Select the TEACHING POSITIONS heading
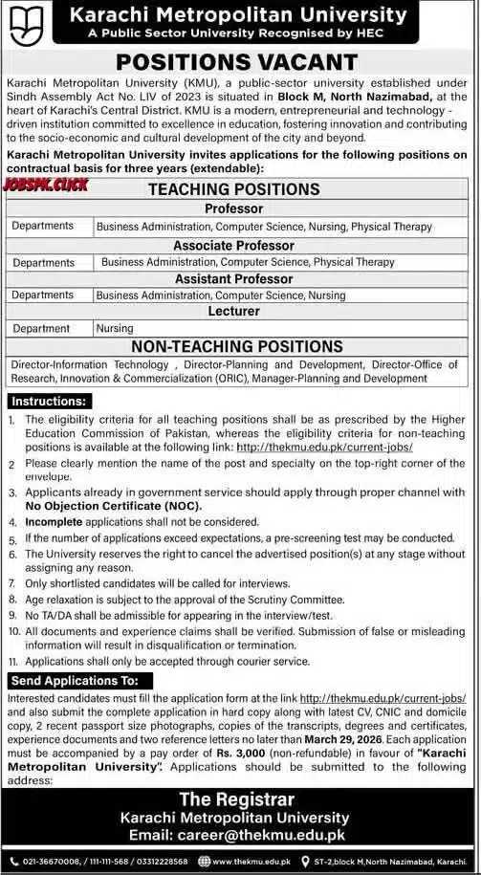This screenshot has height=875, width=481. (x=233, y=189)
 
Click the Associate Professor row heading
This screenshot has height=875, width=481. (x=233, y=245)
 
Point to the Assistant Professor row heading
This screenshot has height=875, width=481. (x=233, y=278)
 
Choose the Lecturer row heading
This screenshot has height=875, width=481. (x=233, y=312)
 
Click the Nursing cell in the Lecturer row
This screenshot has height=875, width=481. (x=114, y=328)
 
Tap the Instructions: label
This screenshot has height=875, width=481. (x=45, y=403)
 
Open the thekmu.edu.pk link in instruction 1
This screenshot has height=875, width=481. (x=323, y=447)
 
